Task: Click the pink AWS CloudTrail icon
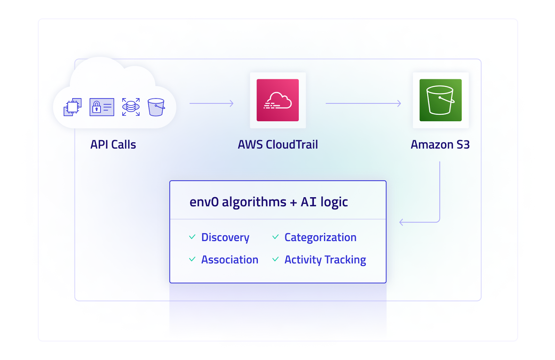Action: [x=277, y=100]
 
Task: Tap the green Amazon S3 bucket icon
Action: [x=440, y=100]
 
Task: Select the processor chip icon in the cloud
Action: [x=72, y=107]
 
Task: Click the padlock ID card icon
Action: [x=102, y=107]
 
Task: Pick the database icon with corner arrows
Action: [x=131, y=107]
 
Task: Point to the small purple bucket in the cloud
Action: [x=156, y=107]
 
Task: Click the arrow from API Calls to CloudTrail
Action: [x=211, y=103]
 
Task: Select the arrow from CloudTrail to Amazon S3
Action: [x=363, y=103]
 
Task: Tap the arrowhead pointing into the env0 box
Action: [x=401, y=222]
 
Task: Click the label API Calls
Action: [x=113, y=144]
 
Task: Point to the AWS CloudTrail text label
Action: [x=278, y=144]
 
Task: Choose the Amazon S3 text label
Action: [x=440, y=144]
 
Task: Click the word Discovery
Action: [x=225, y=237]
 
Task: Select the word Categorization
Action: [x=321, y=237]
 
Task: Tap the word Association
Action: [x=230, y=260]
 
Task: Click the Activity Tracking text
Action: [x=325, y=260]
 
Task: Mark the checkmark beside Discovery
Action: [x=192, y=237]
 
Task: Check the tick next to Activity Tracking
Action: [x=275, y=259]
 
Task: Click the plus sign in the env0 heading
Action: [x=293, y=202]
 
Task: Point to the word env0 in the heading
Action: [x=204, y=202]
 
